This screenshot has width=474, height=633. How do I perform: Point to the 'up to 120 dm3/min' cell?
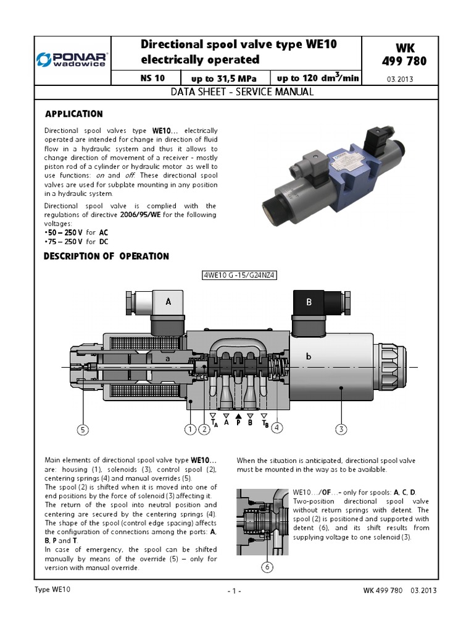pos(317,79)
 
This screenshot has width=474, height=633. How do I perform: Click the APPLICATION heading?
pos(74,114)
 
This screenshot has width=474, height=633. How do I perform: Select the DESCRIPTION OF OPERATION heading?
pos(106,256)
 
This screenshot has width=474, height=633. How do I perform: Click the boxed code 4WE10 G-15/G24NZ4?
pos(239,276)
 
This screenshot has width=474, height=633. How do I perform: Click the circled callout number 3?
pos(341,429)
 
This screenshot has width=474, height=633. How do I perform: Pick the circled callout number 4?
pos(278,427)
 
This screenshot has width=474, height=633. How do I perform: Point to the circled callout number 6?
pos(267,566)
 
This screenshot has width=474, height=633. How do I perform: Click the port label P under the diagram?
pos(239,423)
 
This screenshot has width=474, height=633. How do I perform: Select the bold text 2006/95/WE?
pos(147,215)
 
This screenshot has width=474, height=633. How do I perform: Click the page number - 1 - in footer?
pos(234,591)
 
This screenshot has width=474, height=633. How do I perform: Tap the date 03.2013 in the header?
pos(400,79)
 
